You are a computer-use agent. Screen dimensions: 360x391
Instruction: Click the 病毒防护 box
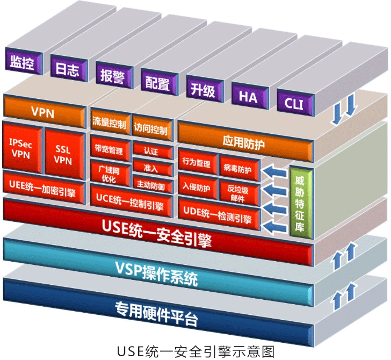click(x=238, y=168)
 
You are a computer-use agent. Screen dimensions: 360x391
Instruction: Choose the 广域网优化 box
click(x=108, y=172)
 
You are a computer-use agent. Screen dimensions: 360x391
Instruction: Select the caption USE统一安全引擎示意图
click(x=195, y=350)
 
